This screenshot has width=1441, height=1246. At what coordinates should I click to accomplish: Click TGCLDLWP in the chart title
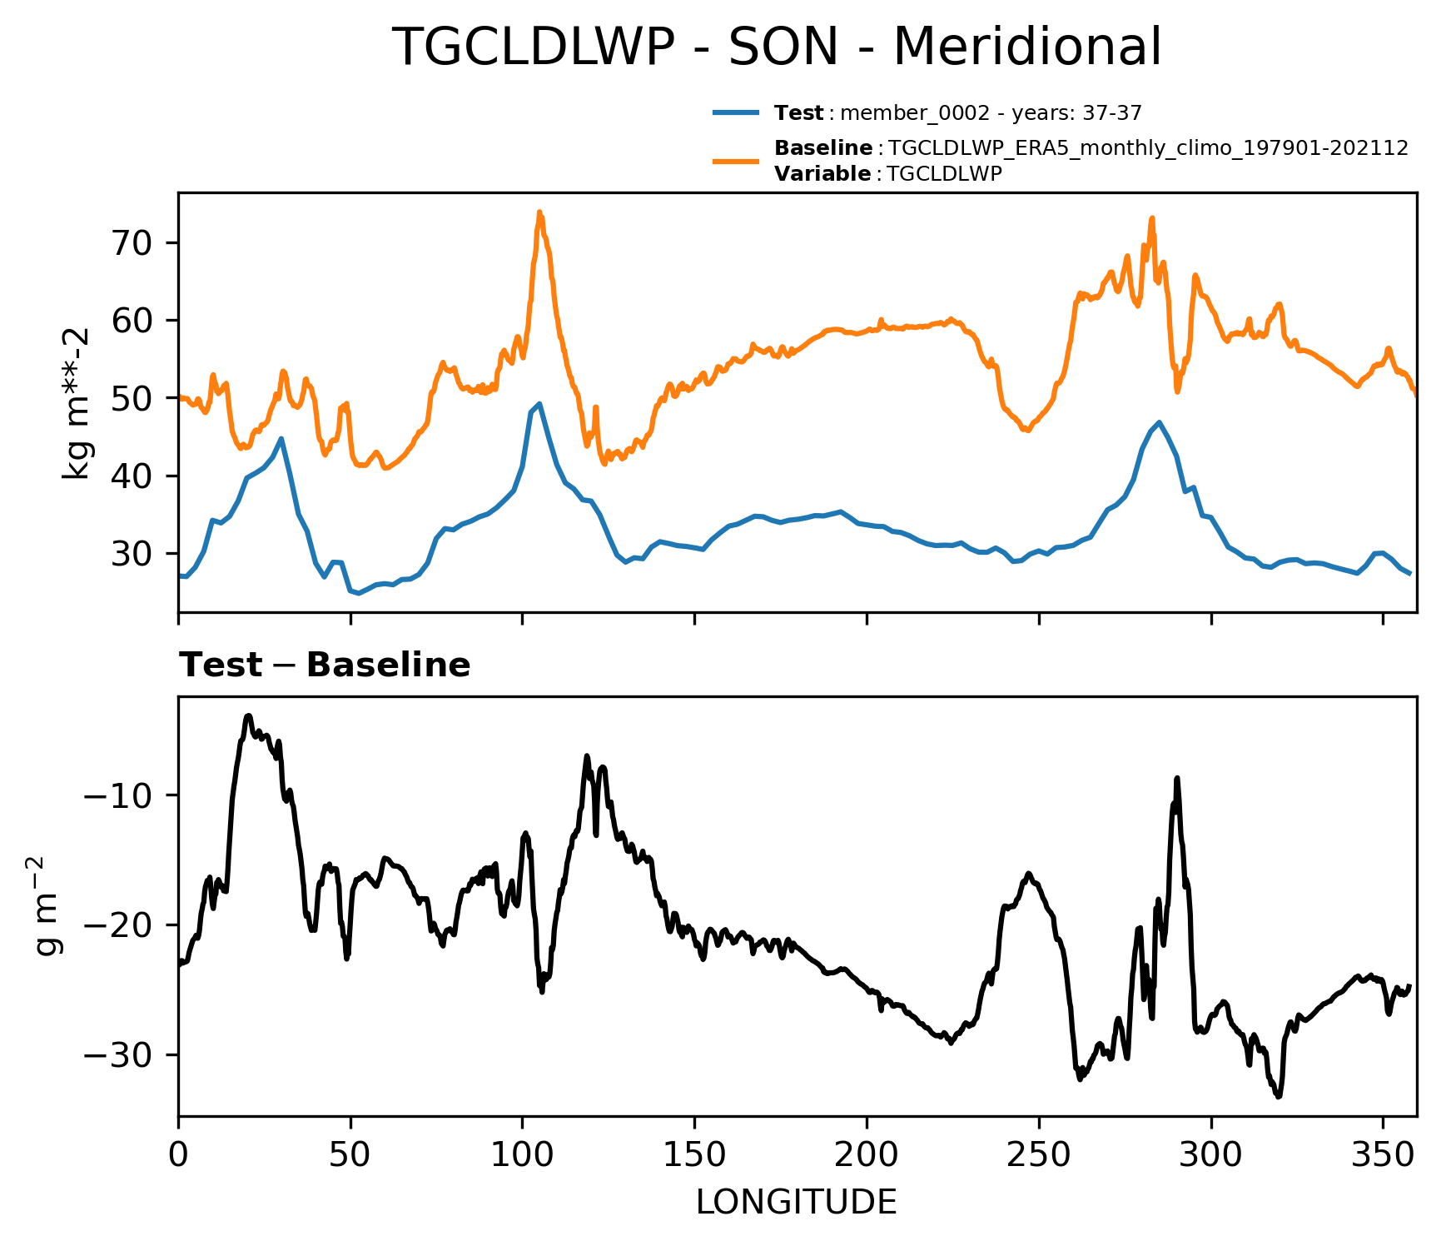pos(533,47)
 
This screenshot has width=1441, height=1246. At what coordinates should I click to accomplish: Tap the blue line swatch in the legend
pos(736,112)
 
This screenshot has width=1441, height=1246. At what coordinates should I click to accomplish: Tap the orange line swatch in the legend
pos(736,160)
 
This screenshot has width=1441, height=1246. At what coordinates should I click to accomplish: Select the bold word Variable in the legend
pos(822,174)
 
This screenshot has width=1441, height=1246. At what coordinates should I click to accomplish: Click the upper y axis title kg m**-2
pos(77,403)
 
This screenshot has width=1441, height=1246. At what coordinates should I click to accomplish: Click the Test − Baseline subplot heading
pos(325,665)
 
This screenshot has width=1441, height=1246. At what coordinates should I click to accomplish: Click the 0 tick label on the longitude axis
pos(178,1155)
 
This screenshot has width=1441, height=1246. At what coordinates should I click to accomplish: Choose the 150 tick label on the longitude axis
pos(694,1155)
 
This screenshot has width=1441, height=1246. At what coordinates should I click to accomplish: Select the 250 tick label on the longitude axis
pos(1038,1155)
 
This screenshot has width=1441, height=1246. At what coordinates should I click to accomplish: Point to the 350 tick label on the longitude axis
pos(1383,1155)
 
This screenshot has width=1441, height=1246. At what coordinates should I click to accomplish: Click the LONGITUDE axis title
pos(797,1203)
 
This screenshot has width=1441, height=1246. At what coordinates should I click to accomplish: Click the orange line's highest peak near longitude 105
pos(539,212)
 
